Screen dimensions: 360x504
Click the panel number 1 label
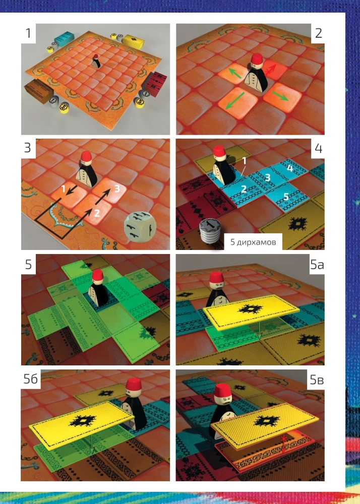point(28,32)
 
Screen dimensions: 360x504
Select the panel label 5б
point(31,379)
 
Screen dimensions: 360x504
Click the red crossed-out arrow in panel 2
point(271,68)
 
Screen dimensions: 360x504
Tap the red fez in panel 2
point(257,59)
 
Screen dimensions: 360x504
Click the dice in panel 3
point(141,227)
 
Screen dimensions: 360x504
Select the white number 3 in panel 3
point(117,188)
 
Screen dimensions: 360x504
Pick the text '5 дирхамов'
point(253,242)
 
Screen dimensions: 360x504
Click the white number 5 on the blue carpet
point(286,196)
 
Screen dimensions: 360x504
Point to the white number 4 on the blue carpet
point(290,168)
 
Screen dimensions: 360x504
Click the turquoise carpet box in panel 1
point(64,40)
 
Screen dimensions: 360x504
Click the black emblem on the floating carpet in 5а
point(250,309)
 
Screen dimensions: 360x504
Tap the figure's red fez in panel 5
point(97,276)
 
